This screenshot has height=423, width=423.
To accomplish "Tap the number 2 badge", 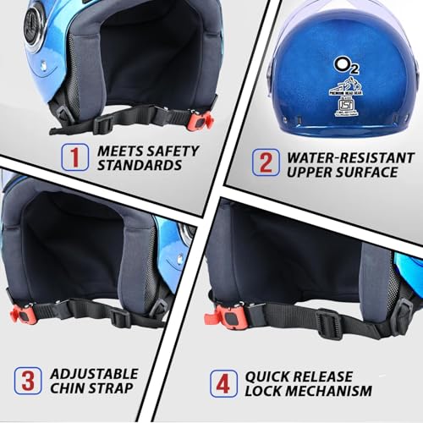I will [265, 162].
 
